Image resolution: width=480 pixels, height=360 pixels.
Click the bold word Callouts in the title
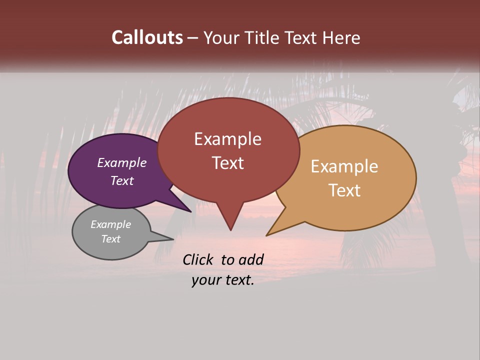point(147,37)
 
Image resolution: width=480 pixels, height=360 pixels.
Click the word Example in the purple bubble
point(122,162)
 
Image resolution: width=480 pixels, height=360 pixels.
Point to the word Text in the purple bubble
point(122,180)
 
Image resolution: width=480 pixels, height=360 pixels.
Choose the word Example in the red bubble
point(227,139)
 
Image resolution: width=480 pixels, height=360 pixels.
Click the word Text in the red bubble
point(227,163)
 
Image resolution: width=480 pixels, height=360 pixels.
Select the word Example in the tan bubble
point(344,166)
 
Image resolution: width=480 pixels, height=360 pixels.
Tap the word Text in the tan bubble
point(344,190)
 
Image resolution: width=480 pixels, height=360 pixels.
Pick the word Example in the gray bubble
point(110,224)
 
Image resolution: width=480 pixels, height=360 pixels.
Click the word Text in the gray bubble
point(110,239)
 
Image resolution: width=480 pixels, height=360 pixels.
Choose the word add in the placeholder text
point(251,259)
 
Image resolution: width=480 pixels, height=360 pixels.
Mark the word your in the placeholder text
point(205,280)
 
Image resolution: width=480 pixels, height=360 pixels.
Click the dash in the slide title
point(193,37)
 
